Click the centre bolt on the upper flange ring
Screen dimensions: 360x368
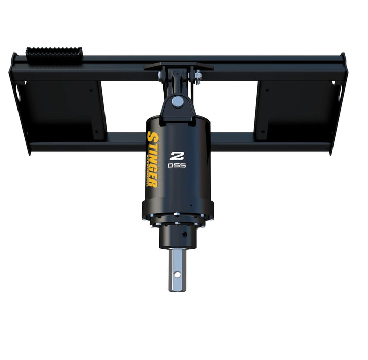coord(177,223)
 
